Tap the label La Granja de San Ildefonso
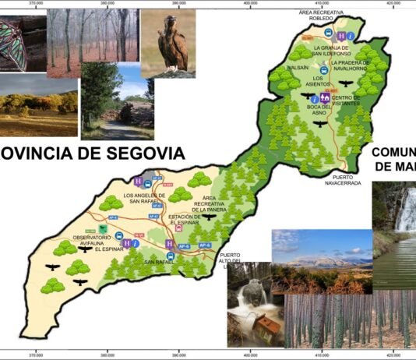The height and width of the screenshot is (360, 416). pos(337,51)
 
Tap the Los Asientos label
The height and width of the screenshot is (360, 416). pos(319,81)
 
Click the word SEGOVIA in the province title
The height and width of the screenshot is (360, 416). pos(141,154)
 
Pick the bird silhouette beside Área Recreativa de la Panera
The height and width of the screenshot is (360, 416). pos(209,217)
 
